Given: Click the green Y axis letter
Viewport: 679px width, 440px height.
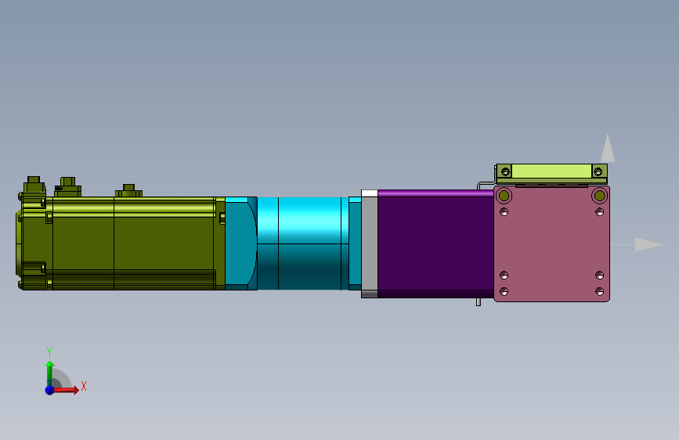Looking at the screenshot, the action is (x=49, y=352).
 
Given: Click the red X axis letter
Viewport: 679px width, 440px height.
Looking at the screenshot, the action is (x=84, y=386).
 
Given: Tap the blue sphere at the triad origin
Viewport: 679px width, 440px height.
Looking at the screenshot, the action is (x=50, y=390).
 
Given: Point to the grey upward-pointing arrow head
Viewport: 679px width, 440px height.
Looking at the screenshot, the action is (x=608, y=149).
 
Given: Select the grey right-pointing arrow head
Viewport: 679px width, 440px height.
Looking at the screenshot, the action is (x=648, y=245).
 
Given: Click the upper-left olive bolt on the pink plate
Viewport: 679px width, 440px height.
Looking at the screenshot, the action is (x=504, y=196).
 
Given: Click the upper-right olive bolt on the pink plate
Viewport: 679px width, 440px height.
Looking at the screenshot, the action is (x=600, y=196).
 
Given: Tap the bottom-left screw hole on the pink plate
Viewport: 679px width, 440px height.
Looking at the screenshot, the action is (x=504, y=291).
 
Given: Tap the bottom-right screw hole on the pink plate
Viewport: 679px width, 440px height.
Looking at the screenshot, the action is (x=599, y=291).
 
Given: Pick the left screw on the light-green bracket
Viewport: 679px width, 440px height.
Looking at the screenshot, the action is (x=505, y=172).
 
